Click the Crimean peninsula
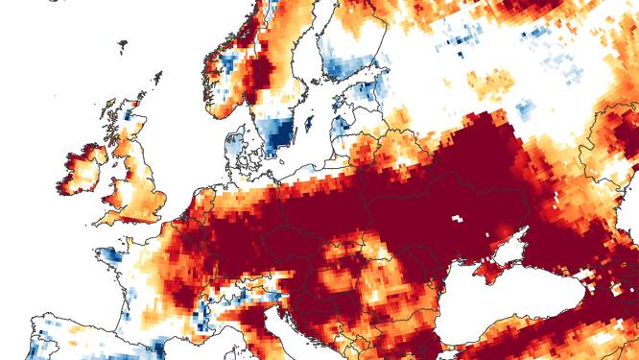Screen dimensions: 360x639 click(x=497, y=273)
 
